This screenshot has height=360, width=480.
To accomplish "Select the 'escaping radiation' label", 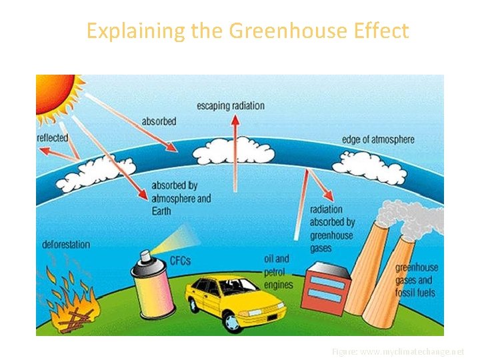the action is [x=230, y=106].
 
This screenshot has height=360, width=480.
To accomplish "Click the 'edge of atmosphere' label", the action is [x=378, y=139].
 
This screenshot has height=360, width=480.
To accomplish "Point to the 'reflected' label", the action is [x=53, y=138].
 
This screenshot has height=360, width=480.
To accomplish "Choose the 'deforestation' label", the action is [x=66, y=244].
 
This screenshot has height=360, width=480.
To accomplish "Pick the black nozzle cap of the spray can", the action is [x=144, y=256].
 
